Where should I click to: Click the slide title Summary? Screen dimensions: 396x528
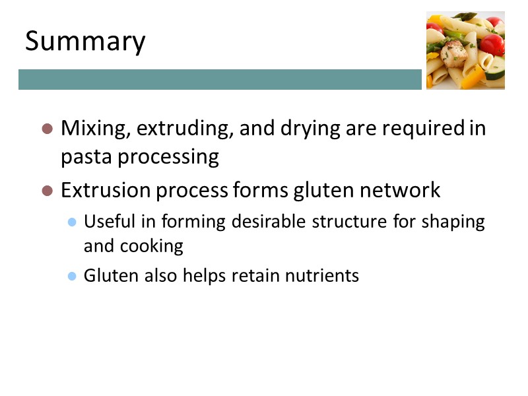click(85, 42)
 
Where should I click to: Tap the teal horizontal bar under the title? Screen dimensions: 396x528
click(220, 79)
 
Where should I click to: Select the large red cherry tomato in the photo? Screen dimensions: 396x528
click(492, 45)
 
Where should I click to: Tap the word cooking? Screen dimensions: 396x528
click(152, 246)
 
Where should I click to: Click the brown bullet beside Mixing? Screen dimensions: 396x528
click(47, 129)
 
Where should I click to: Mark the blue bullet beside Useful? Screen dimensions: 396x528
click(72, 222)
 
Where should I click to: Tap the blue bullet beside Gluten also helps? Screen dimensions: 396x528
click(72, 276)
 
